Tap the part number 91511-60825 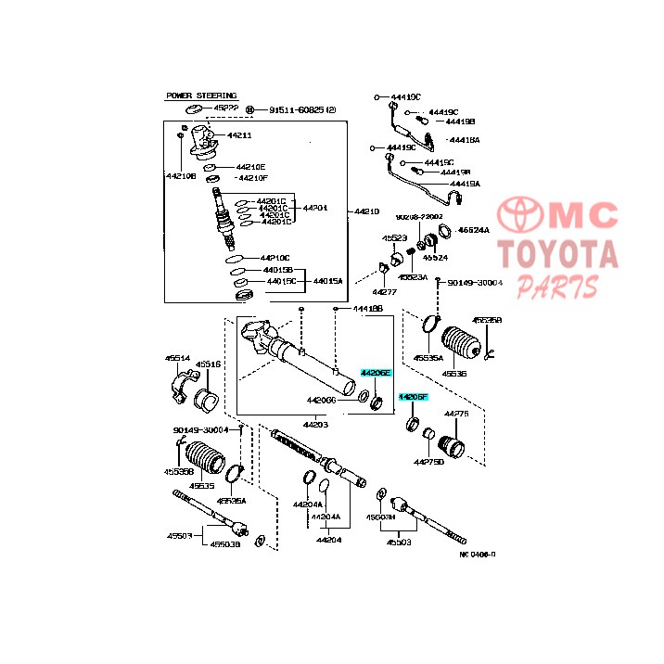(297, 109)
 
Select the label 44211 (239, 135)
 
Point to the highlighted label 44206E (377, 372)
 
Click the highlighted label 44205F (413, 397)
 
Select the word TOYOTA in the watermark (556, 253)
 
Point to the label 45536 (453, 375)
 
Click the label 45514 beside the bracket (178, 357)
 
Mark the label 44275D (429, 461)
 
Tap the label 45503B (224, 544)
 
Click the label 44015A (327, 280)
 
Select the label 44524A (474, 229)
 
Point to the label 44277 (384, 291)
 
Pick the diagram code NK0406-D (477, 555)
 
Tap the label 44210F (252, 177)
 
